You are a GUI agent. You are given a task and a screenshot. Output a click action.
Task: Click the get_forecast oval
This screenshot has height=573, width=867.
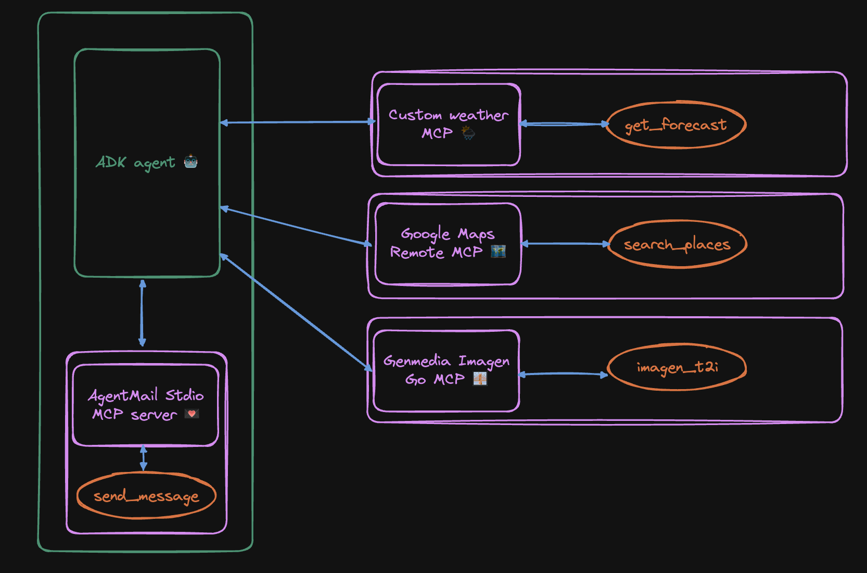(x=676, y=125)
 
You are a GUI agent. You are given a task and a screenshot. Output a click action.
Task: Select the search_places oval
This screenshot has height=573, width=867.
(x=678, y=244)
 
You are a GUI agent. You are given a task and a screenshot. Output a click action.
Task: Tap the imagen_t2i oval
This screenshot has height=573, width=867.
(x=677, y=367)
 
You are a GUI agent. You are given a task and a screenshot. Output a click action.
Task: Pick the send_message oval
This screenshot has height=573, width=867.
(x=146, y=496)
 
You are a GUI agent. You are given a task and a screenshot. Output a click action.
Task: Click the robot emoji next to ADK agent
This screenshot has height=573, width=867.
(x=191, y=161)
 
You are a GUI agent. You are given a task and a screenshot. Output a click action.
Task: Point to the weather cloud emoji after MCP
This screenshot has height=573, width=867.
(x=468, y=133)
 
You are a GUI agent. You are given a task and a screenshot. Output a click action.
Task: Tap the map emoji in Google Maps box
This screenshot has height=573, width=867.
(x=498, y=252)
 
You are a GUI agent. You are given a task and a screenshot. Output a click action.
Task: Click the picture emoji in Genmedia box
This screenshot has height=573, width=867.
(x=479, y=379)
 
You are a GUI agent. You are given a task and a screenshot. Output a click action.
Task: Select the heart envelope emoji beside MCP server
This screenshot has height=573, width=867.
(x=192, y=414)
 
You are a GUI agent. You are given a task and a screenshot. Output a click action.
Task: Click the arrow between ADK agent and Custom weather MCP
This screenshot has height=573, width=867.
(x=297, y=122)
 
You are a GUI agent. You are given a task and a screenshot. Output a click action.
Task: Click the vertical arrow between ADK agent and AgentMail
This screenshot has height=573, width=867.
(x=142, y=313)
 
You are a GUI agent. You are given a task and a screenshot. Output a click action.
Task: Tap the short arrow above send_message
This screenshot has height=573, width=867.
(x=144, y=458)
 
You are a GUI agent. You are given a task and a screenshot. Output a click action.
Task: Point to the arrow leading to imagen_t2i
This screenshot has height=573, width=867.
(x=563, y=373)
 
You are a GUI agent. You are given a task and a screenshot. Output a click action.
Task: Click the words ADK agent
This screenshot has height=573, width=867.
(x=136, y=163)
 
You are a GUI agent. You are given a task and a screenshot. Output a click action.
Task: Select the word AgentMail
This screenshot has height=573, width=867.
(x=123, y=396)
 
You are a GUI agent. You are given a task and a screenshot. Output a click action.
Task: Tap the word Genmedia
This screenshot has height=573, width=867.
(x=417, y=361)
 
